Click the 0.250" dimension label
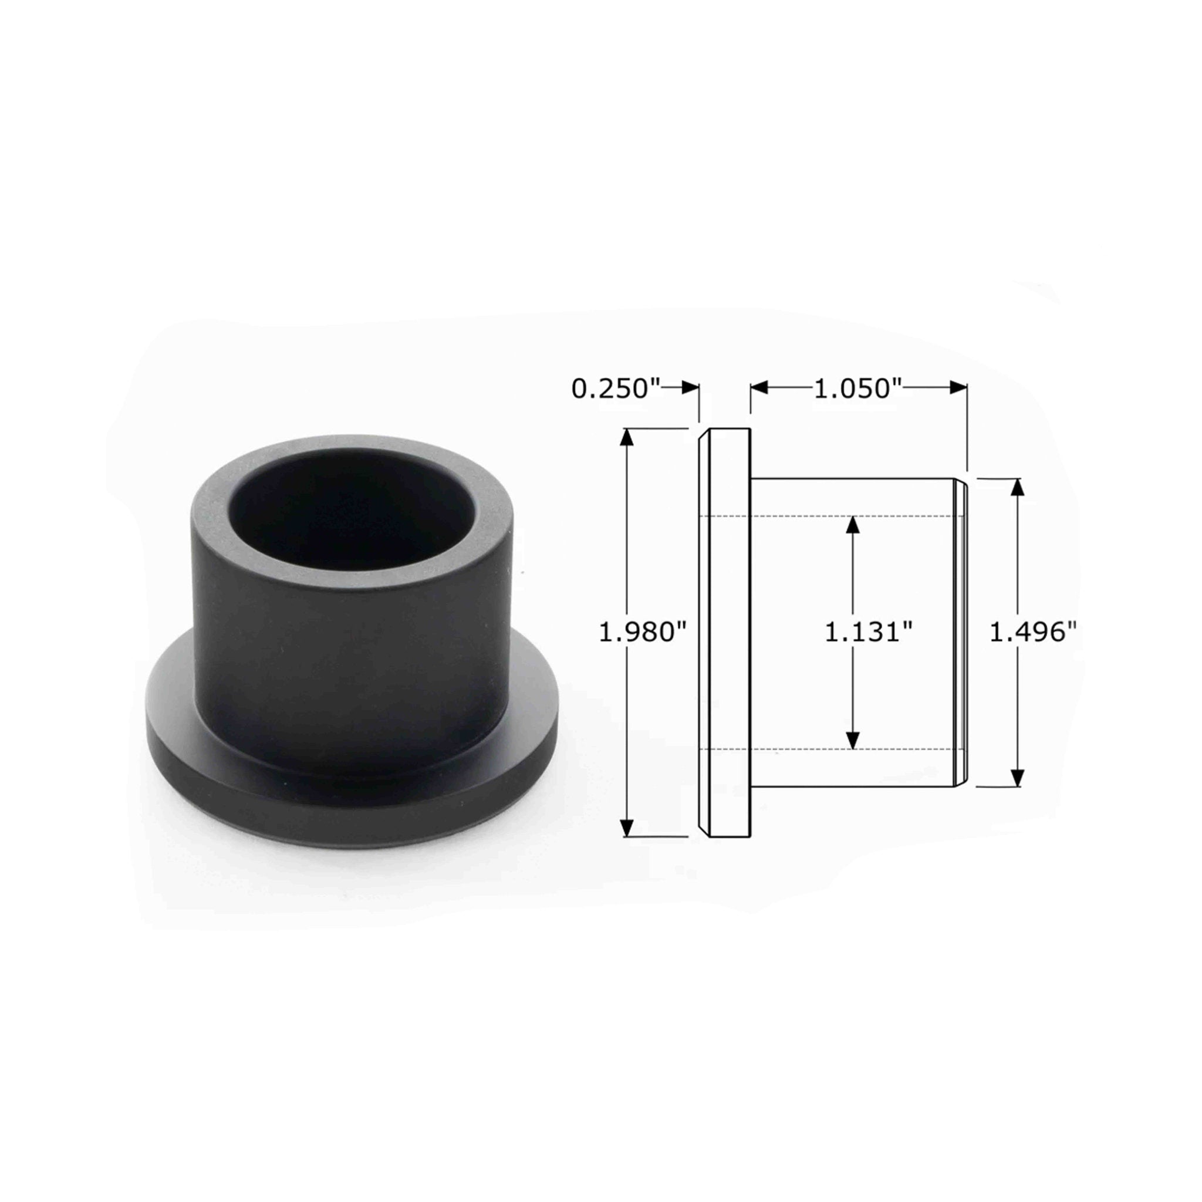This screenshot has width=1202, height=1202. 614,389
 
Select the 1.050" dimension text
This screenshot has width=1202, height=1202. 858,389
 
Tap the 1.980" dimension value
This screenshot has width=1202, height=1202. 641,633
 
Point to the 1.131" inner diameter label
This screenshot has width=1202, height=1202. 868,633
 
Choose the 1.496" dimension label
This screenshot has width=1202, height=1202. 1032,633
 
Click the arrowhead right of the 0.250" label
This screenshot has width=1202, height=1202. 691,387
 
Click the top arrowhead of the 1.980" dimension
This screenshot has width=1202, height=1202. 627,437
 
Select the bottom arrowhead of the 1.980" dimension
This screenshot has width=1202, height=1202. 627,828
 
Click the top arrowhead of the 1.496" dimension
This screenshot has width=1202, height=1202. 1017,487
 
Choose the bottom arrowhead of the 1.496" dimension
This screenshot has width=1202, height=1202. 1017,778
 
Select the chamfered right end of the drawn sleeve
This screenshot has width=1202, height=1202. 961,633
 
